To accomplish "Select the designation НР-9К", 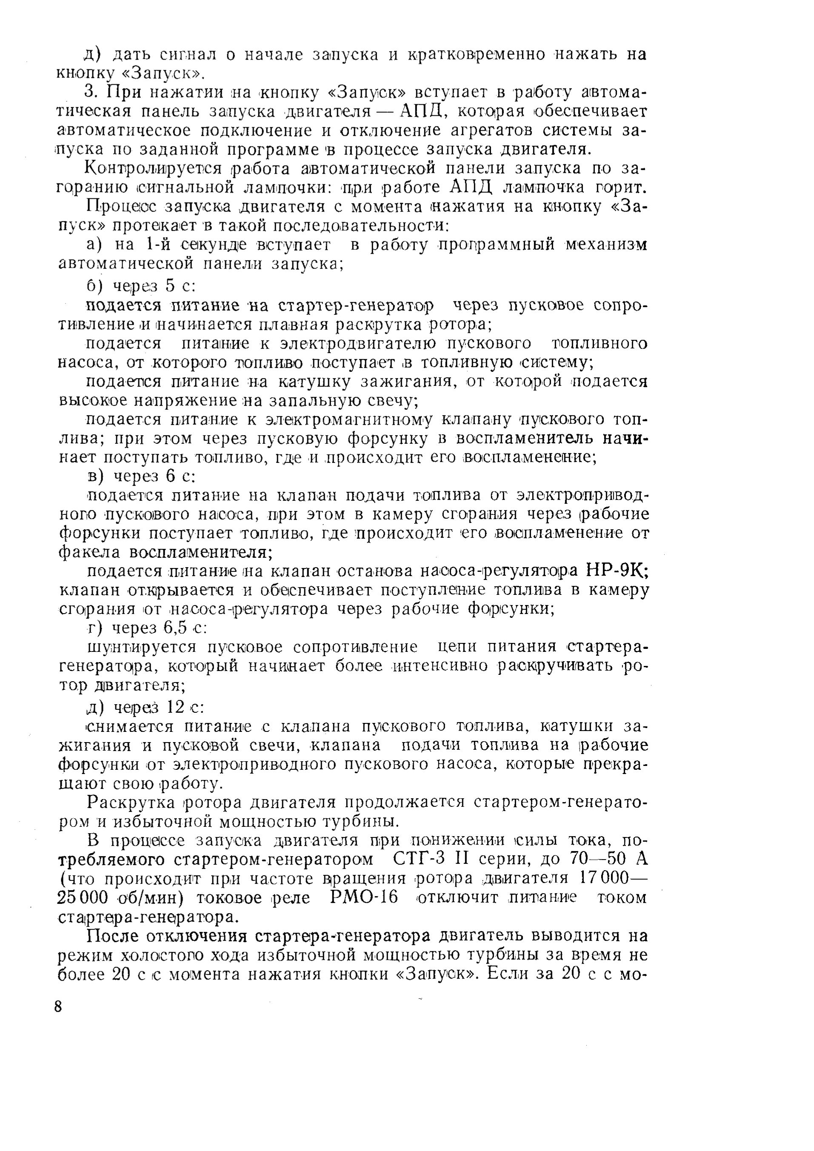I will [617, 571].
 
